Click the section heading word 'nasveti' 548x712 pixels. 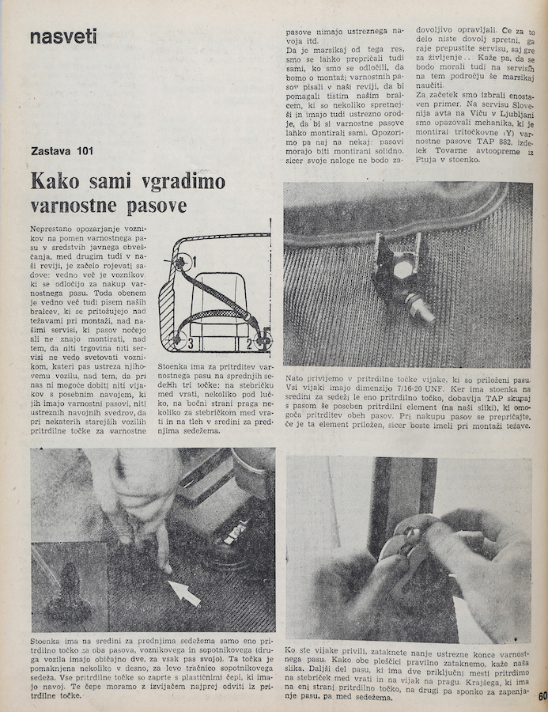tap(62, 36)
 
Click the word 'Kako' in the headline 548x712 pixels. tap(56, 181)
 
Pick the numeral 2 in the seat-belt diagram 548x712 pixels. tap(249, 342)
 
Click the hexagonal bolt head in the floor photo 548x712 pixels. tap(402, 270)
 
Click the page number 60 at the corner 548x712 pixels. tap(542, 697)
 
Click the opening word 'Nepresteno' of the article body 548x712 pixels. tap(59, 227)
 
